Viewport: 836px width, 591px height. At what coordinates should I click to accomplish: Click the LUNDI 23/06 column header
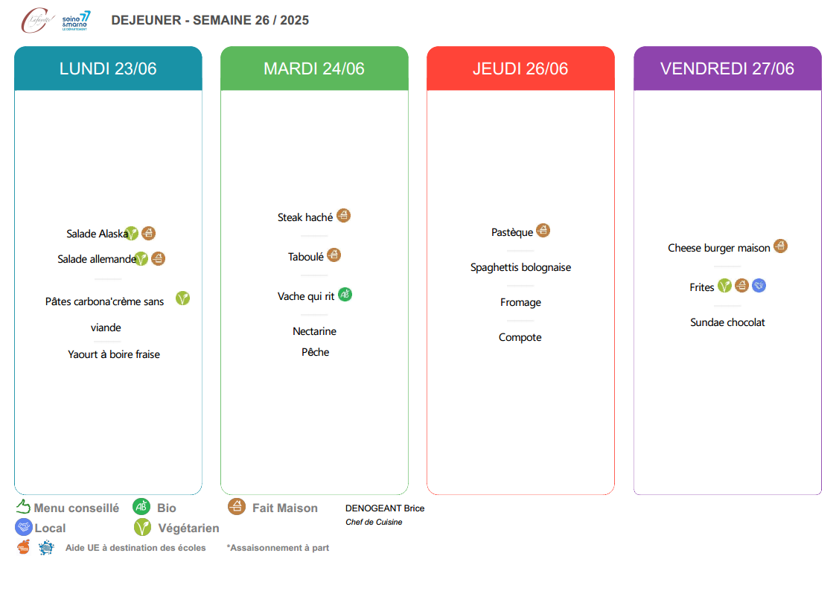108,68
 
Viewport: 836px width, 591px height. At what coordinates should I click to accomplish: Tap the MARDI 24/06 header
315,68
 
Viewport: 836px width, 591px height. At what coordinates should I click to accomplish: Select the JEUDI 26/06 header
520,68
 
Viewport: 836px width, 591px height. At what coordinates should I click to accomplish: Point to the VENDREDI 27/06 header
727,68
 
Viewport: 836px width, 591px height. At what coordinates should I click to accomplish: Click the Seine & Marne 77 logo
76,21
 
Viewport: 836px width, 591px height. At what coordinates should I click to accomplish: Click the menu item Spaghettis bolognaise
520,267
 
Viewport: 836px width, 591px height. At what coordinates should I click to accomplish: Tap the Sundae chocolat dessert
727,322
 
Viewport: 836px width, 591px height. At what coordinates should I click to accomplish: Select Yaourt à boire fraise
114,354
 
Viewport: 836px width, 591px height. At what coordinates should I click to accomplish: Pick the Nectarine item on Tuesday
315,331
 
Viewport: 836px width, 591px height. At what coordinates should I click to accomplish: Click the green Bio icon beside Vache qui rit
345,294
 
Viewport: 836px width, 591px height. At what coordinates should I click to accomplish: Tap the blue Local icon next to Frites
759,286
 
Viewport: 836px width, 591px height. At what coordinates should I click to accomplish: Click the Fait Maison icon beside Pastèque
543,230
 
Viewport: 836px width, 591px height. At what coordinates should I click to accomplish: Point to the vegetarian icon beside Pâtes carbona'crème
183,298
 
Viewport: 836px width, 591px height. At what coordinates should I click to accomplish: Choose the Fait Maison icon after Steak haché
343,216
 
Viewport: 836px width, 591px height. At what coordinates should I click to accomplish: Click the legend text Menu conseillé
76,508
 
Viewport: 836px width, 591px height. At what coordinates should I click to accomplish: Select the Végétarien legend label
189,528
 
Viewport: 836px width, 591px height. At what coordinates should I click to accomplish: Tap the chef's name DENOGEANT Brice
385,508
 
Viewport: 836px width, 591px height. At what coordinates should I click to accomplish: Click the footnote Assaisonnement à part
278,548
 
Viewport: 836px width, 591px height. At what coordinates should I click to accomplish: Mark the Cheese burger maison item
718,249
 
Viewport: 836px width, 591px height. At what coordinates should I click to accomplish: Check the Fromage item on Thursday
520,303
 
